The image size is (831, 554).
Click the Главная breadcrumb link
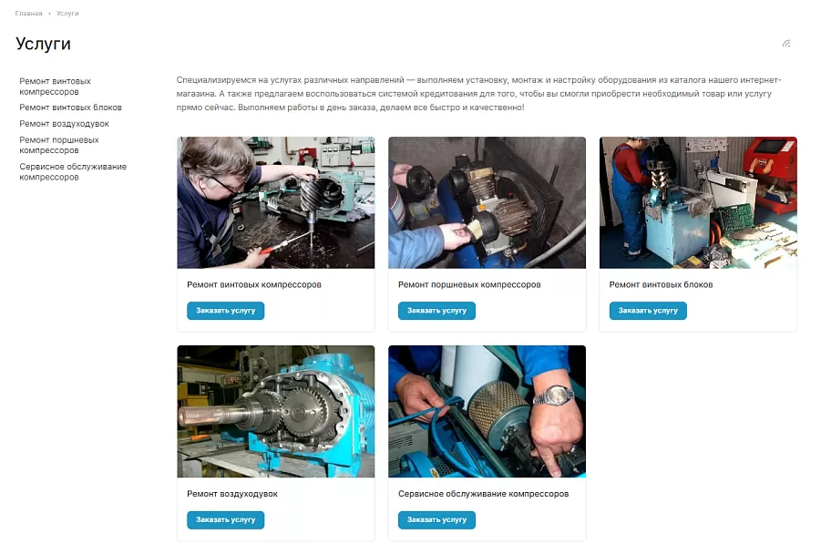pyautogui.click(x=28, y=14)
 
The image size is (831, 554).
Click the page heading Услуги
pyautogui.click(x=43, y=44)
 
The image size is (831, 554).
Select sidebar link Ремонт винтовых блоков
pyautogui.click(x=70, y=108)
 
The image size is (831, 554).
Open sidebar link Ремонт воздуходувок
pyautogui.click(x=64, y=124)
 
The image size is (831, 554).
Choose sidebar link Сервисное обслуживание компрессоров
pyautogui.click(x=73, y=172)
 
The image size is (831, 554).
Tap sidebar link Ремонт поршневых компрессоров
pyautogui.click(x=59, y=145)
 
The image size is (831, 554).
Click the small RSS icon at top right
pyautogui.click(x=786, y=44)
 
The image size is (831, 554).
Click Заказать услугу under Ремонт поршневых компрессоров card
pyautogui.click(x=436, y=311)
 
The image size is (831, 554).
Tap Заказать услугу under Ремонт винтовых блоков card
pyautogui.click(x=648, y=311)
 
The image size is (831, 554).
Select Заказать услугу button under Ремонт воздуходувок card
pyautogui.click(x=225, y=520)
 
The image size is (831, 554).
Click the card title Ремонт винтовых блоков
pyautogui.click(x=661, y=284)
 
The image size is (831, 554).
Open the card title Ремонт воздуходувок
pyautogui.click(x=232, y=494)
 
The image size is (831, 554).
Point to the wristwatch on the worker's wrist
pyautogui.click(x=554, y=395)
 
